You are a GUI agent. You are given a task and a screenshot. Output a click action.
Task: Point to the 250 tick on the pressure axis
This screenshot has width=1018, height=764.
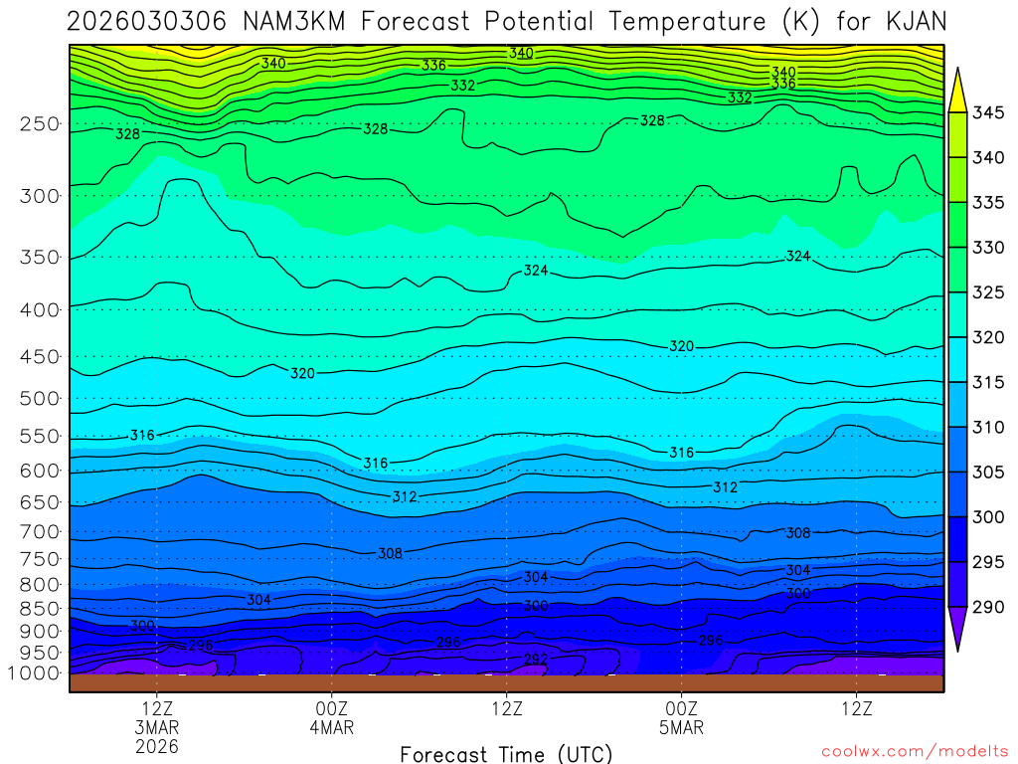point(41,124)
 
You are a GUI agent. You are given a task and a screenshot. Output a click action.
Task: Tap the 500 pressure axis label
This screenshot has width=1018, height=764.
point(41,399)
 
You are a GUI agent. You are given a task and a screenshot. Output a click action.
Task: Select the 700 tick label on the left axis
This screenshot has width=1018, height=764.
point(41,530)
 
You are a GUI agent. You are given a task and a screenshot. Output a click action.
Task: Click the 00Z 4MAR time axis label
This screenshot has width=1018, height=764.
point(331,717)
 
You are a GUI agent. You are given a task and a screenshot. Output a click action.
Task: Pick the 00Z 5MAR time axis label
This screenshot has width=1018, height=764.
point(681,717)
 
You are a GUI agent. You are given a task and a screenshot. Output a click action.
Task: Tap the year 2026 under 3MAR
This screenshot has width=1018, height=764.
point(157,745)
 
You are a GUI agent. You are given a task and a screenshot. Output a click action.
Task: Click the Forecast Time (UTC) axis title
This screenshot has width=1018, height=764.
point(506,753)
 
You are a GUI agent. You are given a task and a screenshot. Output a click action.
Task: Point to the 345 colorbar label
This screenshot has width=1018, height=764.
point(988,112)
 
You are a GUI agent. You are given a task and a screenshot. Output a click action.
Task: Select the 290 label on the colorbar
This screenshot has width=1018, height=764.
point(988,606)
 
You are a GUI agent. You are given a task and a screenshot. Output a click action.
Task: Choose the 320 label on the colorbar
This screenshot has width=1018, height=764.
point(988,337)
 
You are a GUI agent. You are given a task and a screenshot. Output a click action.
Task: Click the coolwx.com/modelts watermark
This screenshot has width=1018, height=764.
point(914,750)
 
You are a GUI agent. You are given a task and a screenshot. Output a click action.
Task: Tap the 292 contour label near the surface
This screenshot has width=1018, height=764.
point(535,660)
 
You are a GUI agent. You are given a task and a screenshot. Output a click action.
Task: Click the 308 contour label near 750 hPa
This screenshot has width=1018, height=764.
point(390,553)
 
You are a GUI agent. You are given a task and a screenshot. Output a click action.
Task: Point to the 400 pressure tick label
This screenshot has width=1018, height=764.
point(41,310)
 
